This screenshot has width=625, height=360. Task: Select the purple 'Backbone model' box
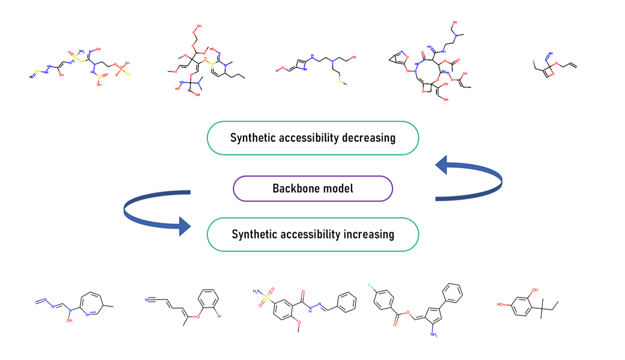tap(313, 188)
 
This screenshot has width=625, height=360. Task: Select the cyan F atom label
tap(370, 286)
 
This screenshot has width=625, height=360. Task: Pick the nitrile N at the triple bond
tap(146, 300)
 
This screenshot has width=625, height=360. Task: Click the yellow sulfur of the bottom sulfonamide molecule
tap(261, 298)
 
